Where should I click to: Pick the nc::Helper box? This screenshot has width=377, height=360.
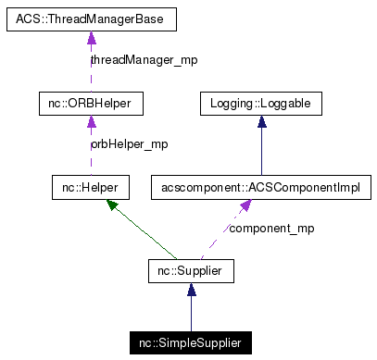coord(90,189)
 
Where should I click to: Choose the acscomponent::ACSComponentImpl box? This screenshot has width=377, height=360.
coord(261,189)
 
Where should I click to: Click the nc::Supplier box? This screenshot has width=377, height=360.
coord(191,271)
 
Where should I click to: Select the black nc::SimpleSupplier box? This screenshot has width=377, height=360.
coord(191,343)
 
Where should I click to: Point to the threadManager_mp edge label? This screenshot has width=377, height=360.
coord(144,60)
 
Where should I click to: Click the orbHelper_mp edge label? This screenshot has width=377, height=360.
coord(129,144)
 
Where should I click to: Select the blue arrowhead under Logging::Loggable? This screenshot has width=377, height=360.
coord(261,123)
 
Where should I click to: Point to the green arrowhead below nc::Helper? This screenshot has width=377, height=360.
coord(113,205)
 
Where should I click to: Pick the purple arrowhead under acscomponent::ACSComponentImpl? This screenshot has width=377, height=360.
coord(245,206)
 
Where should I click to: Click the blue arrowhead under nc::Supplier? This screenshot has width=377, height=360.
coord(191,291)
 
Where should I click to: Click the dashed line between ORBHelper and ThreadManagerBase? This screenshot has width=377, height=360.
coord(91,74)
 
